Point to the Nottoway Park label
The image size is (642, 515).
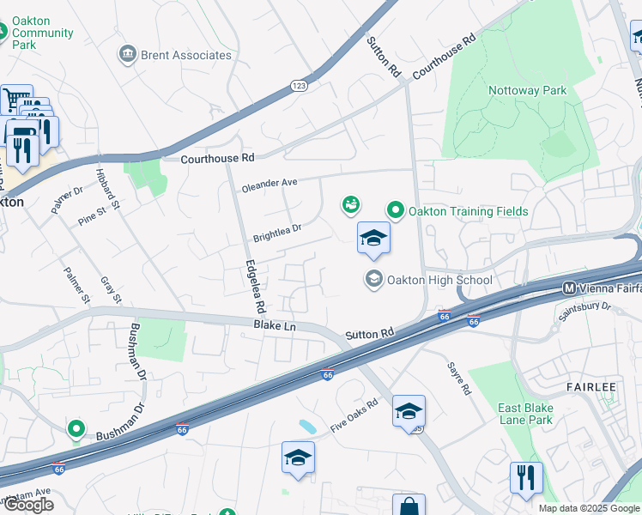(x=527, y=90)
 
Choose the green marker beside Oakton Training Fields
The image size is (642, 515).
(x=396, y=209)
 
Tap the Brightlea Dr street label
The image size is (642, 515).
(x=277, y=230)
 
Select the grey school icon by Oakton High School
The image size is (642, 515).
(x=373, y=278)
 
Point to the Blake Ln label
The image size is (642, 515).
(x=274, y=326)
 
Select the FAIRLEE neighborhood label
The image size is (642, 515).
(x=591, y=387)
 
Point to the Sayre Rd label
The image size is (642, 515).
(x=459, y=378)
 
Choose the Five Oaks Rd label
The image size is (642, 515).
(x=354, y=416)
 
